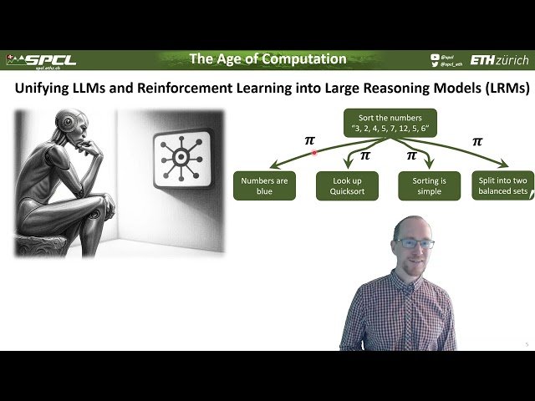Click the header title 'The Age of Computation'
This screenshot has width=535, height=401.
(267, 59)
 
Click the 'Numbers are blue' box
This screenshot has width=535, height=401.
(265, 185)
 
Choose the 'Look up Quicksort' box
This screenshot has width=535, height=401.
(348, 185)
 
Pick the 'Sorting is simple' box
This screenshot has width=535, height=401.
(430, 185)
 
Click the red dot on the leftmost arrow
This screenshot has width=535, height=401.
(314, 153)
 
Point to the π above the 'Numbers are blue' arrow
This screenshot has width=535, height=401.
(309, 140)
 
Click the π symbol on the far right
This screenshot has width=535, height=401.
(477, 141)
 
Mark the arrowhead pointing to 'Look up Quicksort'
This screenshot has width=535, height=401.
(349, 165)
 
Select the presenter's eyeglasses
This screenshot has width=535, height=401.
(414, 243)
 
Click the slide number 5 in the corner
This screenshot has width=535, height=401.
(527, 344)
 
